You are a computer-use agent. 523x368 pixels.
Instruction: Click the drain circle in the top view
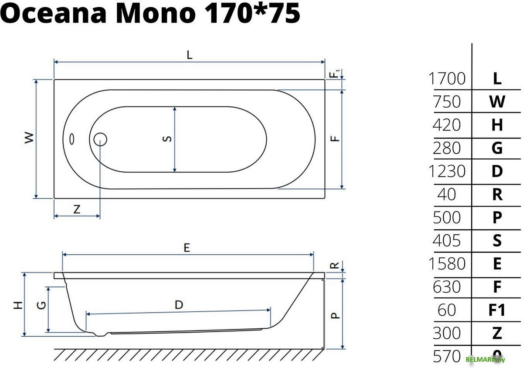100,139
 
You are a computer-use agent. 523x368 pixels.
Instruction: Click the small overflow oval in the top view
71,139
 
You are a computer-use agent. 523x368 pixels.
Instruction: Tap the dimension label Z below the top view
77,209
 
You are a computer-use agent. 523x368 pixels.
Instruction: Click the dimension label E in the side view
187,247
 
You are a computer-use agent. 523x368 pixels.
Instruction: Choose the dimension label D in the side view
179,305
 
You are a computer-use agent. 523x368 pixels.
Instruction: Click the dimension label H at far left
18,305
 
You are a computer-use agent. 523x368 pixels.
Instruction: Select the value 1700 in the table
447,79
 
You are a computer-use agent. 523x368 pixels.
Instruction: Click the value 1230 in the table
447,171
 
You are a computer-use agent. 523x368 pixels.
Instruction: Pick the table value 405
447,241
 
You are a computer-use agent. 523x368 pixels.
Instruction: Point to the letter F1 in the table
497,310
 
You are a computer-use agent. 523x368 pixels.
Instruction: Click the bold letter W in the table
497,102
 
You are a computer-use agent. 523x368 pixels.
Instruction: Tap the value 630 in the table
447,287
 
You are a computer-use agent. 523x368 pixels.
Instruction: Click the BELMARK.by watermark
485,359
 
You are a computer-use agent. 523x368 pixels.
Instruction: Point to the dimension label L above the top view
189,55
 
